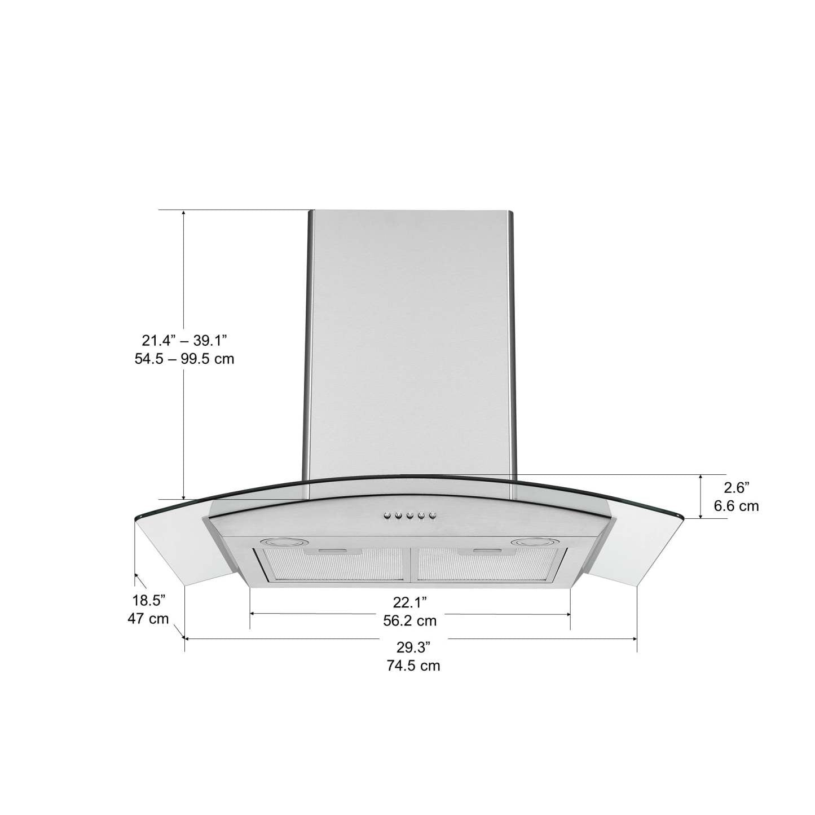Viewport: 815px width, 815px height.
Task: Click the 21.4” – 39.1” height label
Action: [x=184, y=340]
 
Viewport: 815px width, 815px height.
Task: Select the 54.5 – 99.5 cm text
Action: [x=180, y=358]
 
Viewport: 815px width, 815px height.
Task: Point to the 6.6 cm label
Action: [x=736, y=506]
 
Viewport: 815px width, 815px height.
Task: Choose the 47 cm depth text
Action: [x=148, y=618]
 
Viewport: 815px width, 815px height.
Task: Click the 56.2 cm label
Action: [x=410, y=621]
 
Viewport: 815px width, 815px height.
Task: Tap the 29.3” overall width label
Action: [x=413, y=646]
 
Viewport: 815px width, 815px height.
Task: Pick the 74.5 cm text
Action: [x=413, y=666]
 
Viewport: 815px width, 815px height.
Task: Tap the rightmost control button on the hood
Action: [x=433, y=515]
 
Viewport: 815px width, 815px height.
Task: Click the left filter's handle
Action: [x=336, y=550]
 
